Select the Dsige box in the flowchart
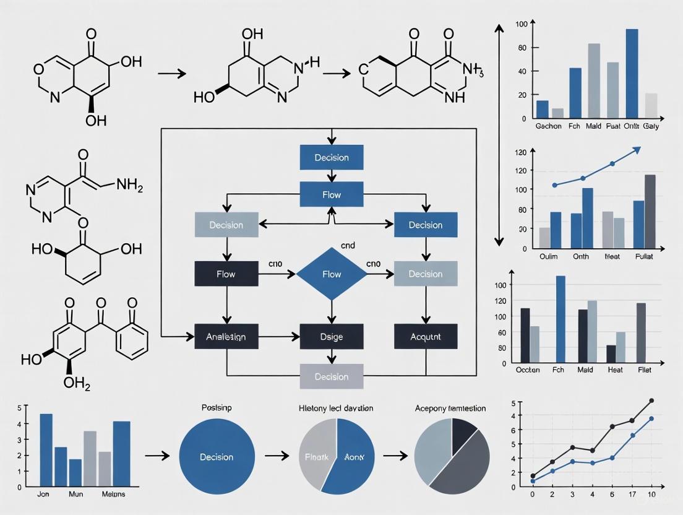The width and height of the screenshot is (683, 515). (x=332, y=337)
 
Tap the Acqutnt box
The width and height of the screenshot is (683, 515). (x=426, y=337)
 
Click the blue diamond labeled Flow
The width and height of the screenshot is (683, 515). (x=332, y=274)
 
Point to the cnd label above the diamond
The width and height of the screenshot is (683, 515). (x=348, y=246)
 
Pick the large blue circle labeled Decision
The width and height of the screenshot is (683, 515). (x=217, y=457)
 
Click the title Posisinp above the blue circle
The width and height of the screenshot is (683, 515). (x=216, y=409)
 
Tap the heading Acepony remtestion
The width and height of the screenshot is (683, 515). (x=450, y=409)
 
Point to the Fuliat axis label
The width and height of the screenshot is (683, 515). (x=648, y=257)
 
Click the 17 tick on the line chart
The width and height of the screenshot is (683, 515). (x=632, y=495)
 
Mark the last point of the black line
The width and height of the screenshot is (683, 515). (x=651, y=401)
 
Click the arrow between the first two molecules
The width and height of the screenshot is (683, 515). (x=171, y=73)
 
